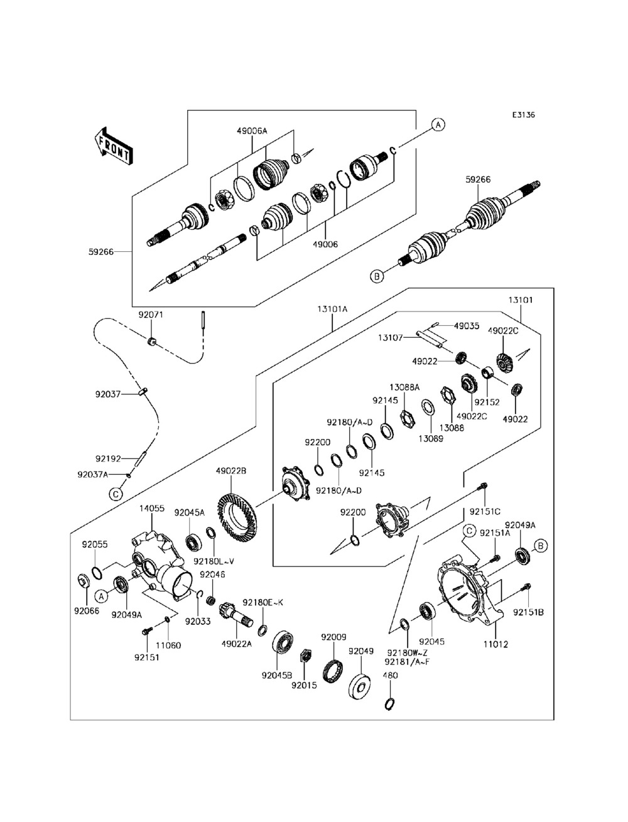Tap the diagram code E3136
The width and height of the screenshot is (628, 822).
[x=523, y=115]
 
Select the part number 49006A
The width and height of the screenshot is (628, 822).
[x=252, y=131]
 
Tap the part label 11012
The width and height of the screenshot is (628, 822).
[x=495, y=644]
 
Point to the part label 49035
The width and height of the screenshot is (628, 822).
[x=466, y=326]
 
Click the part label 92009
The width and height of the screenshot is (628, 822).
[x=334, y=636]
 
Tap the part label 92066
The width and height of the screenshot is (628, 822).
[x=86, y=610]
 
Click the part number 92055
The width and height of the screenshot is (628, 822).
[x=94, y=544]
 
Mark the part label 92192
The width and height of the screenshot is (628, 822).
[x=107, y=458]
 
